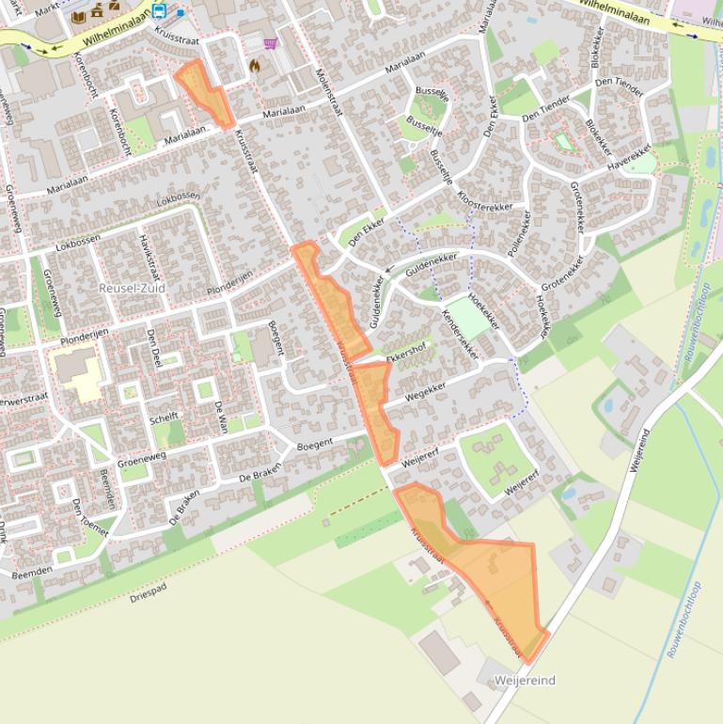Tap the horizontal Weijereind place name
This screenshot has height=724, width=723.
pyautogui.click(x=525, y=680)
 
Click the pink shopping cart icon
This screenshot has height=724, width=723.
pyautogui.click(x=271, y=43)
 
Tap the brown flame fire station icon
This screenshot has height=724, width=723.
pyautogui.click(x=254, y=66)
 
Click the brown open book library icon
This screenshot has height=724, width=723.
pyautogui.click(x=79, y=16)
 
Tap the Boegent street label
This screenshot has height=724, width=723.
pyautogui.click(x=314, y=444)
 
